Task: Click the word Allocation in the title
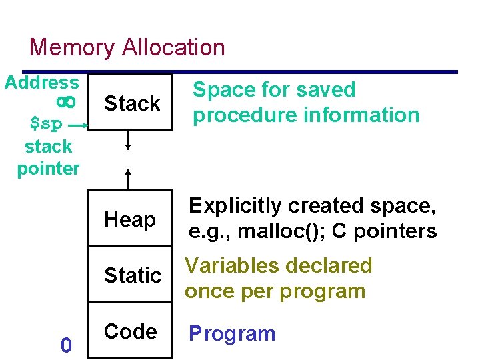click(174, 48)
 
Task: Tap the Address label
click(41, 83)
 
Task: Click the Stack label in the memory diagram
click(132, 103)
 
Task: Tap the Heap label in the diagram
click(129, 219)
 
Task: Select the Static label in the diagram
click(133, 275)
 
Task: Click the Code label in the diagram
click(131, 331)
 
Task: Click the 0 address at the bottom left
click(65, 345)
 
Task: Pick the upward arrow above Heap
click(129, 177)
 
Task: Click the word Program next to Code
click(232, 333)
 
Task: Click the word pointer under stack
click(48, 168)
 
